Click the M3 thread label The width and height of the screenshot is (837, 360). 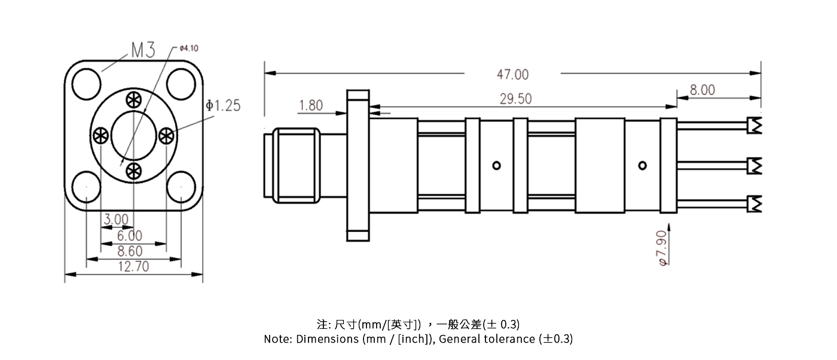pos(142,50)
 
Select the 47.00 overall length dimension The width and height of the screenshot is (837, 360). pos(512,74)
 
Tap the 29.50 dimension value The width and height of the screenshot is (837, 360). pos(515,99)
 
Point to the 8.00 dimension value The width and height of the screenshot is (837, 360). pos(702,90)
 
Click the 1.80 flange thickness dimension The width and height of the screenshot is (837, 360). pos(310,106)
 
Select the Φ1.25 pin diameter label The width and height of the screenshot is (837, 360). pos(222,106)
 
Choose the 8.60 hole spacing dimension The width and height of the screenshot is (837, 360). pos(130,252)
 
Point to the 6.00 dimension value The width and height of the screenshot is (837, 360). pos(129,236)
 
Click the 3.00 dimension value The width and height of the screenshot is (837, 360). pos(115,220)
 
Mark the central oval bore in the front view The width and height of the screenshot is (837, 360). pos(133,135)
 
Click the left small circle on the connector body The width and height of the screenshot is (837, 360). pos(496,166)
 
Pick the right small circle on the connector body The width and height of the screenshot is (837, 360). pos(643,165)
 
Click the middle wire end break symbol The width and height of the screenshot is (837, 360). pos(756,165)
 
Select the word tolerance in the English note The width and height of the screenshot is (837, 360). pos(510,339)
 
